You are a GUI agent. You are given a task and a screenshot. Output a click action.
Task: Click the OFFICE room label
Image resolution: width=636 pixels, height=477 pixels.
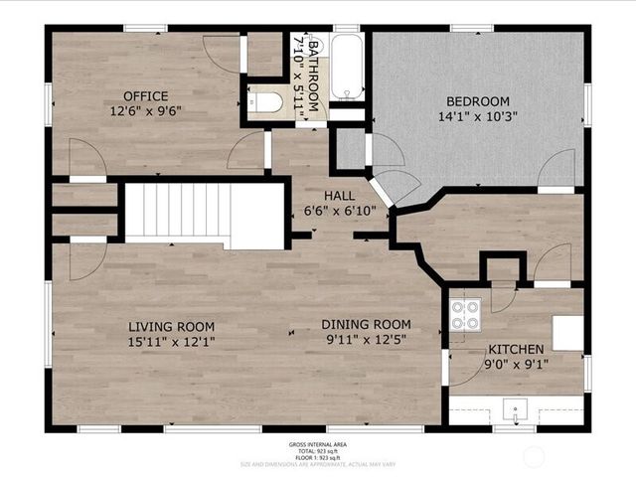click(145, 96)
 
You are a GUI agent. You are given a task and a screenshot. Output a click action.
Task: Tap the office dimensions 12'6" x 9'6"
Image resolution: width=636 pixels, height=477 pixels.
click(145, 111)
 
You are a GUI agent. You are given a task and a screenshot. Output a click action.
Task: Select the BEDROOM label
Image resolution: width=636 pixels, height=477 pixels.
click(477, 101)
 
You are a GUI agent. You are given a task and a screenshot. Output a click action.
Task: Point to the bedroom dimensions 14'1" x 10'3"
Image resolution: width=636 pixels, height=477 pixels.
click(477, 116)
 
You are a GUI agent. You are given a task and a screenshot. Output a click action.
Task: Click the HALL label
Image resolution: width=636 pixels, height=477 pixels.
click(339, 196)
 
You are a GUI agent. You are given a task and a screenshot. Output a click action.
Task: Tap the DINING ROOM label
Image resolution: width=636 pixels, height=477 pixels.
click(366, 324)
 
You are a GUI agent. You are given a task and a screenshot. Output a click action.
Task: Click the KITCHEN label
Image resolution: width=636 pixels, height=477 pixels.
click(515, 350)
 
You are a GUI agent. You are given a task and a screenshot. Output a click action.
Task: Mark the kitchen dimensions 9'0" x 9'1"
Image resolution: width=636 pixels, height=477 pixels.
click(515, 365)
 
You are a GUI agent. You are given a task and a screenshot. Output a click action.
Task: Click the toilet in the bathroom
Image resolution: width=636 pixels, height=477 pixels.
click(265, 102)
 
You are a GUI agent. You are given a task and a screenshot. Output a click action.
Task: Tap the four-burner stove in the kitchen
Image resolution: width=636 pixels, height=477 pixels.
click(465, 314)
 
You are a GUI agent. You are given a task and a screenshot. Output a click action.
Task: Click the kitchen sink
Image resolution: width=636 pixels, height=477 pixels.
click(515, 409)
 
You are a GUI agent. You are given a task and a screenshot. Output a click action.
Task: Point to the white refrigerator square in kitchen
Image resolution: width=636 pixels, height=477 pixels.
click(567, 333)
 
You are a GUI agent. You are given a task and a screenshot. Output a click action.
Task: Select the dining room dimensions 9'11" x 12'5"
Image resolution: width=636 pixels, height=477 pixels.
click(366, 339)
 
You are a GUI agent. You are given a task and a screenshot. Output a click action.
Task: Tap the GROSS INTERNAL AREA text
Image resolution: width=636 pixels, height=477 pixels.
click(318, 444)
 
